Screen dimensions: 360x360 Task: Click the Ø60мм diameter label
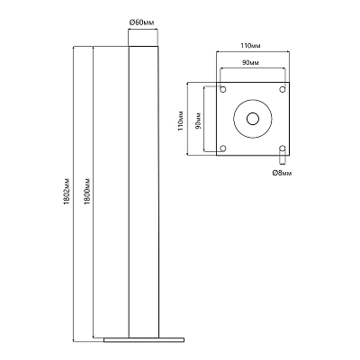coord(142,22)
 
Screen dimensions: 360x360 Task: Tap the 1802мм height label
coord(67,192)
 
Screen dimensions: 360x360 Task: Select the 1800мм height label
coord(87,192)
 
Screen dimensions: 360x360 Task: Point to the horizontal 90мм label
coord(250,63)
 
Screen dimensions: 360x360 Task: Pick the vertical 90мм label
coord(198,121)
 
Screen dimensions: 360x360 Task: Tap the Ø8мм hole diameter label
coord(282,173)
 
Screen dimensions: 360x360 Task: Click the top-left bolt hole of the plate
coord(223,89)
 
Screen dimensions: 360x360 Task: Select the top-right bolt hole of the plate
coord(283,89)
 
